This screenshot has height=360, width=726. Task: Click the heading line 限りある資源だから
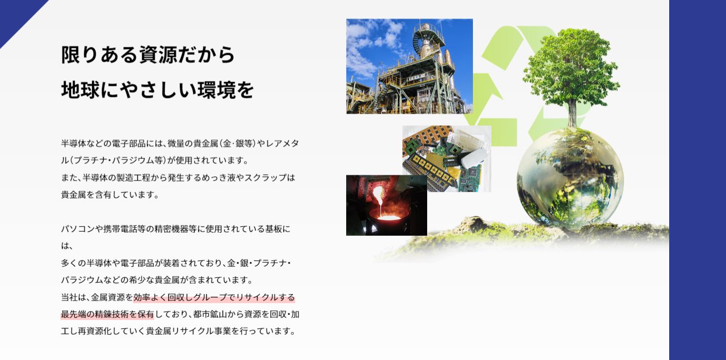[x=148, y=55]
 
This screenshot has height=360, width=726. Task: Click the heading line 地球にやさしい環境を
[x=157, y=90]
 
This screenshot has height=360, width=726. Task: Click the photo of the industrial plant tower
[x=409, y=66]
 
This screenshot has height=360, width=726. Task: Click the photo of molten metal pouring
[x=387, y=205]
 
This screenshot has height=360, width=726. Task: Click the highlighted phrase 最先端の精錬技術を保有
[x=107, y=314]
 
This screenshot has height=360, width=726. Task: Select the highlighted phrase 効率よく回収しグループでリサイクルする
[x=214, y=297]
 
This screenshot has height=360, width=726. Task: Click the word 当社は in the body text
[x=73, y=297]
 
